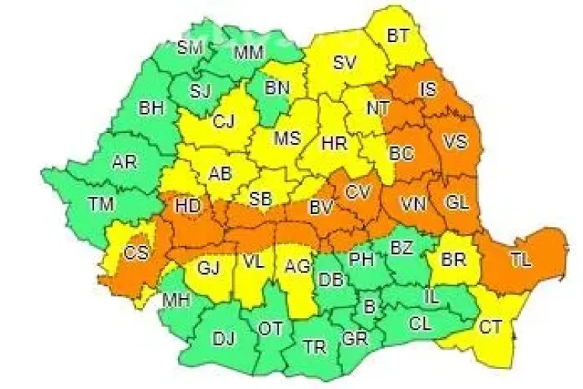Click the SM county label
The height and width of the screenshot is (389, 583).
pyautogui.click(x=190, y=47)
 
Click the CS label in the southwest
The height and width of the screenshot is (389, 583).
pyautogui.click(x=137, y=252)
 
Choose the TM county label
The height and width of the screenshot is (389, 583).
pyautogui.click(x=99, y=205)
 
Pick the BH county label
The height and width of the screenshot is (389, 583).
pyautogui.click(x=152, y=108)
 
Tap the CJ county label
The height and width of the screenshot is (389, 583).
pyautogui.click(x=223, y=121)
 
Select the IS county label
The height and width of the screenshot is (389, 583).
pyautogui.click(x=428, y=89)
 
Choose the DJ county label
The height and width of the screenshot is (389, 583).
pyautogui.click(x=224, y=338)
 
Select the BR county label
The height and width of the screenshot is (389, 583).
pyautogui.click(x=452, y=259)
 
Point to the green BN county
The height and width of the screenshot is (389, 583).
pyautogui.click(x=276, y=88)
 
